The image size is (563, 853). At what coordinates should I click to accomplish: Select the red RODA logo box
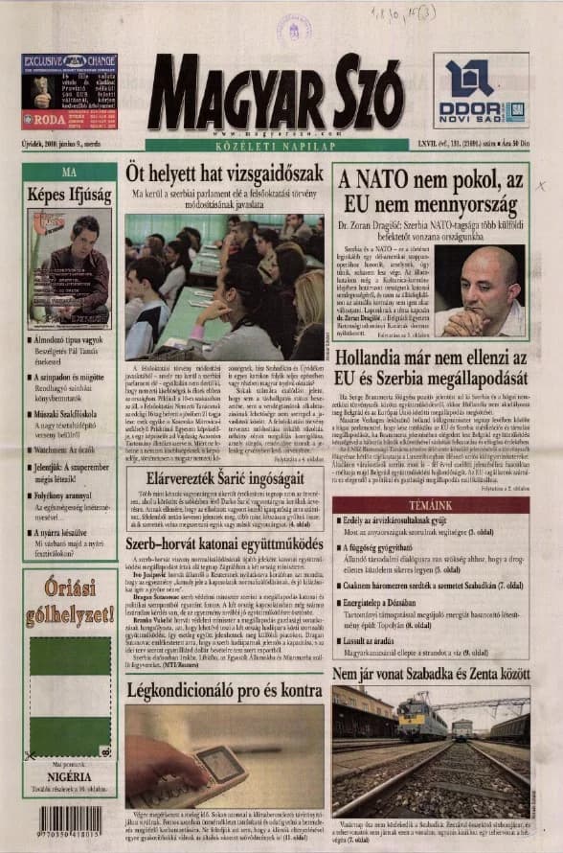tap(43, 121)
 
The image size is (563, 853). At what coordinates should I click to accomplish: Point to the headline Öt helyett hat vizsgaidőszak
tap(224, 173)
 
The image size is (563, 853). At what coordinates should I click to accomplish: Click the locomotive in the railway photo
tap(422, 717)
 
